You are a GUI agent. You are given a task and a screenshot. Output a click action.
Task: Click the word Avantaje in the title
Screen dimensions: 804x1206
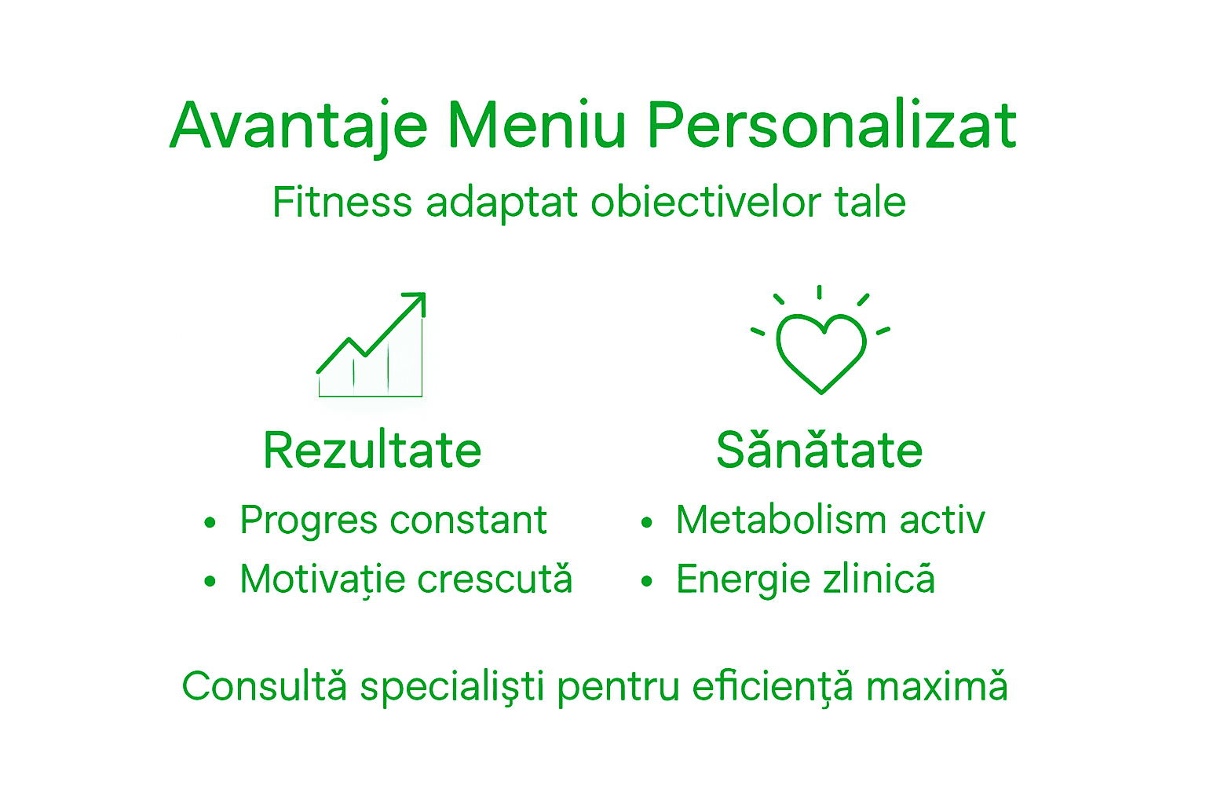coord(298,126)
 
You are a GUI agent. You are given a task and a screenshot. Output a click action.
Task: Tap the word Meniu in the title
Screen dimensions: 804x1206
coord(537,126)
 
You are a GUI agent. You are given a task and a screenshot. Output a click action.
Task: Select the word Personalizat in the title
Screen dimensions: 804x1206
coord(831,126)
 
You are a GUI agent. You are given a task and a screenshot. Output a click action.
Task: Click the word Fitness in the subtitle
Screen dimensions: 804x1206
coord(342,202)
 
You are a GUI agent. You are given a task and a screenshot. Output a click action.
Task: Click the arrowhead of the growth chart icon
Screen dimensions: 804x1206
coord(417,301)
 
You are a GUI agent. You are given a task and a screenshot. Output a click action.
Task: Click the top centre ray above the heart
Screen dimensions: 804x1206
coord(820,292)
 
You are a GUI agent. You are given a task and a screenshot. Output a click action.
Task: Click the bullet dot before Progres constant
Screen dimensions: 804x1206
coord(209,522)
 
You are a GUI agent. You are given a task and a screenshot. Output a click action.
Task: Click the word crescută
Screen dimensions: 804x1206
coord(495,579)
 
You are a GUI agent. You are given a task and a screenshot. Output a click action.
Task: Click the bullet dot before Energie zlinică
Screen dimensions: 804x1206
coord(646,582)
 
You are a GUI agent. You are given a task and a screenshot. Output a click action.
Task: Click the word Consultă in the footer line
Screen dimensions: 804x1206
coord(264,686)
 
